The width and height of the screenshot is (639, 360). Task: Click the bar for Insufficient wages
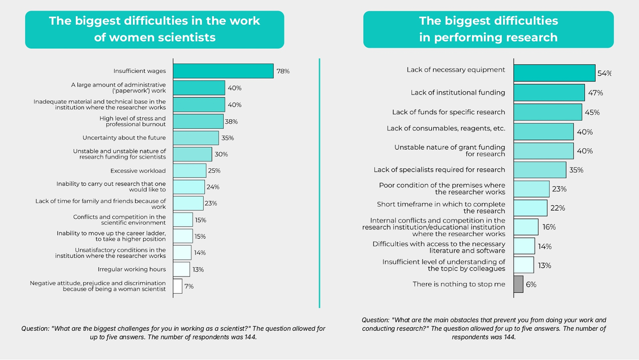coord(223,71)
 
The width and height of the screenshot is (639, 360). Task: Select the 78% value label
coord(283,71)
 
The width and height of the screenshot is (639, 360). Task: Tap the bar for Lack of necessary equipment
coord(554,73)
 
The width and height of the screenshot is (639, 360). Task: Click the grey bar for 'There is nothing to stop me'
coord(518,284)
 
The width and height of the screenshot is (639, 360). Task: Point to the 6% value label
coord(531,285)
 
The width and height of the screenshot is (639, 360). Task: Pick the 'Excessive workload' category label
coord(138,171)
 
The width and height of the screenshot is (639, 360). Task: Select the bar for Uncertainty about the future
coord(195,138)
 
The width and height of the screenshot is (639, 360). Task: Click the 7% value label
coord(189,286)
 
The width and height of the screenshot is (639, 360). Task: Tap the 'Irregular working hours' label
coord(132,270)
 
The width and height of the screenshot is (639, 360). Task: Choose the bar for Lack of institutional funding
coord(549,93)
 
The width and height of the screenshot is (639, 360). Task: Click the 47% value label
coord(595,93)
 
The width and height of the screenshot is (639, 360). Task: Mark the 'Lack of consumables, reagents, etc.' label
coord(446,128)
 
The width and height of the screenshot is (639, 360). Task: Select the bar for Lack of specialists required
coord(539,170)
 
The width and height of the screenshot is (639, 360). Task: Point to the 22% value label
coord(558,208)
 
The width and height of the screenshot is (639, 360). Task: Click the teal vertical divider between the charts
coord(319,183)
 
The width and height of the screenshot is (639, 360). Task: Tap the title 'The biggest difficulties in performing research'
coord(488,29)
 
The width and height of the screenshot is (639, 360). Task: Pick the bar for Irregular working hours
coord(181,270)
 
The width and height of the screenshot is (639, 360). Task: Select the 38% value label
coord(231,122)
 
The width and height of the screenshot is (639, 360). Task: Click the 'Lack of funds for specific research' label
coord(449,112)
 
